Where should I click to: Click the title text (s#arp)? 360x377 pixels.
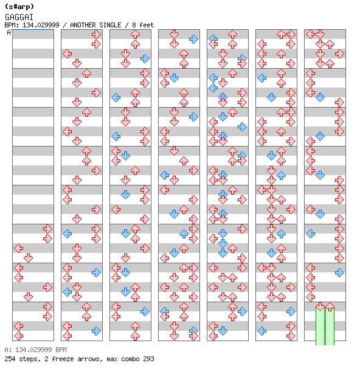(19, 7)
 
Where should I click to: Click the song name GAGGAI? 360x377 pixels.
(19, 17)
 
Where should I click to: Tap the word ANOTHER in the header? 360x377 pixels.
(83, 25)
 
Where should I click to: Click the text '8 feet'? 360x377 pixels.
(143, 25)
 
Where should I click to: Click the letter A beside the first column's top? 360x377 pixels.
(9, 32)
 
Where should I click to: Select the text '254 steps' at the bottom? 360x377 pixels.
(21, 359)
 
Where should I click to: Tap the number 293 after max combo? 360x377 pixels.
(148, 359)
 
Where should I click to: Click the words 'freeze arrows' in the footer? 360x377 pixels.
(77, 359)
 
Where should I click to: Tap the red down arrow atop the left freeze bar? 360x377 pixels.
(320, 307)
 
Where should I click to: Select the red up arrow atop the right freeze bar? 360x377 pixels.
(330, 307)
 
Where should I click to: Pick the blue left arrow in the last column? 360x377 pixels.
(311, 233)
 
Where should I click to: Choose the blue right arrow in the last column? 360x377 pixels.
(339, 272)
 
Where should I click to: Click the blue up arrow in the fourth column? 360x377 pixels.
(184, 233)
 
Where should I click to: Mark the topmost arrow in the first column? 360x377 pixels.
(47, 229)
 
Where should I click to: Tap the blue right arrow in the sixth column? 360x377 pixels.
(291, 311)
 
